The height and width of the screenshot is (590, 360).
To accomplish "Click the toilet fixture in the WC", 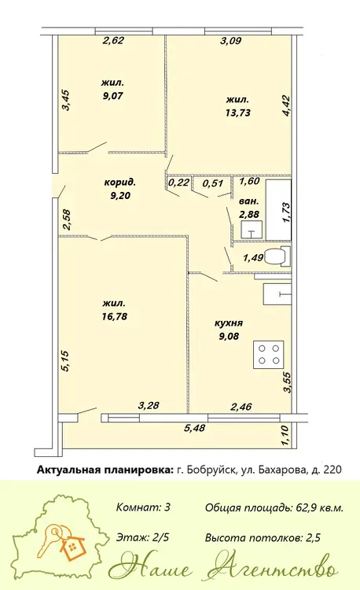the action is tap(277, 256).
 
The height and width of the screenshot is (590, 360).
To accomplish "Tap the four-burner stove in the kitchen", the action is tap(268, 355).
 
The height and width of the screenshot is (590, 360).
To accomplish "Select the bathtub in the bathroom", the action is tap(278, 210).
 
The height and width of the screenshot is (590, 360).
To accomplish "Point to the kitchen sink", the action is tap(277, 294).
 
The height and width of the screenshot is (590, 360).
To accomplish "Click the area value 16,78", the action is tap(114, 316).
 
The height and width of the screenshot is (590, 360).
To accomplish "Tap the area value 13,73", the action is tap(238, 112).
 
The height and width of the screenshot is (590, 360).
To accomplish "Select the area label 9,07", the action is tap(112, 95).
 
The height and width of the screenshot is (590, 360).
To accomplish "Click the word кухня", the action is tap(229, 323).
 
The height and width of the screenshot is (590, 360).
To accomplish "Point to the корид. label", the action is tap(120, 183).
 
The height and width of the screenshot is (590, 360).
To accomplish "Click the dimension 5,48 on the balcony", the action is tap(195, 427).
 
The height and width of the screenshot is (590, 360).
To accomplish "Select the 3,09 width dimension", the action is tap(230, 41).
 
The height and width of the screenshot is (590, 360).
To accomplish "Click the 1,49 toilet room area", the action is tap(254, 258).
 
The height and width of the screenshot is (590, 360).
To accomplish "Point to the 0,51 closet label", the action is tap(213, 183).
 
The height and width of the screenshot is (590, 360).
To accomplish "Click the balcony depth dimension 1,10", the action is tap(285, 436).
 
